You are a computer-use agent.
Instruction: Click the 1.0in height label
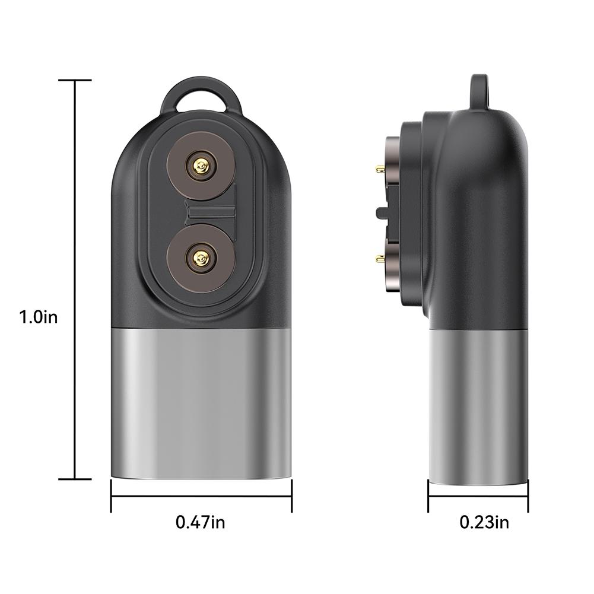point(38,317)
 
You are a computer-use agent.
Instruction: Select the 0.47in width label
point(200,522)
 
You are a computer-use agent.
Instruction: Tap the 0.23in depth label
point(484,522)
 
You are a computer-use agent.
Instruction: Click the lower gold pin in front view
point(200,256)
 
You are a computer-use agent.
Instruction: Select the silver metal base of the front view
point(201,404)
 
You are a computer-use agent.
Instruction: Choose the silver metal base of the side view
point(478,404)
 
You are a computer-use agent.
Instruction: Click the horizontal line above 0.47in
point(201,495)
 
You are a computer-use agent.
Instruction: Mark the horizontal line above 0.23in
point(478,495)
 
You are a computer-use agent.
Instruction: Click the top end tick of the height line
point(75,80)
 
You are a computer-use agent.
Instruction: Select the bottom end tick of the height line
point(75,479)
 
